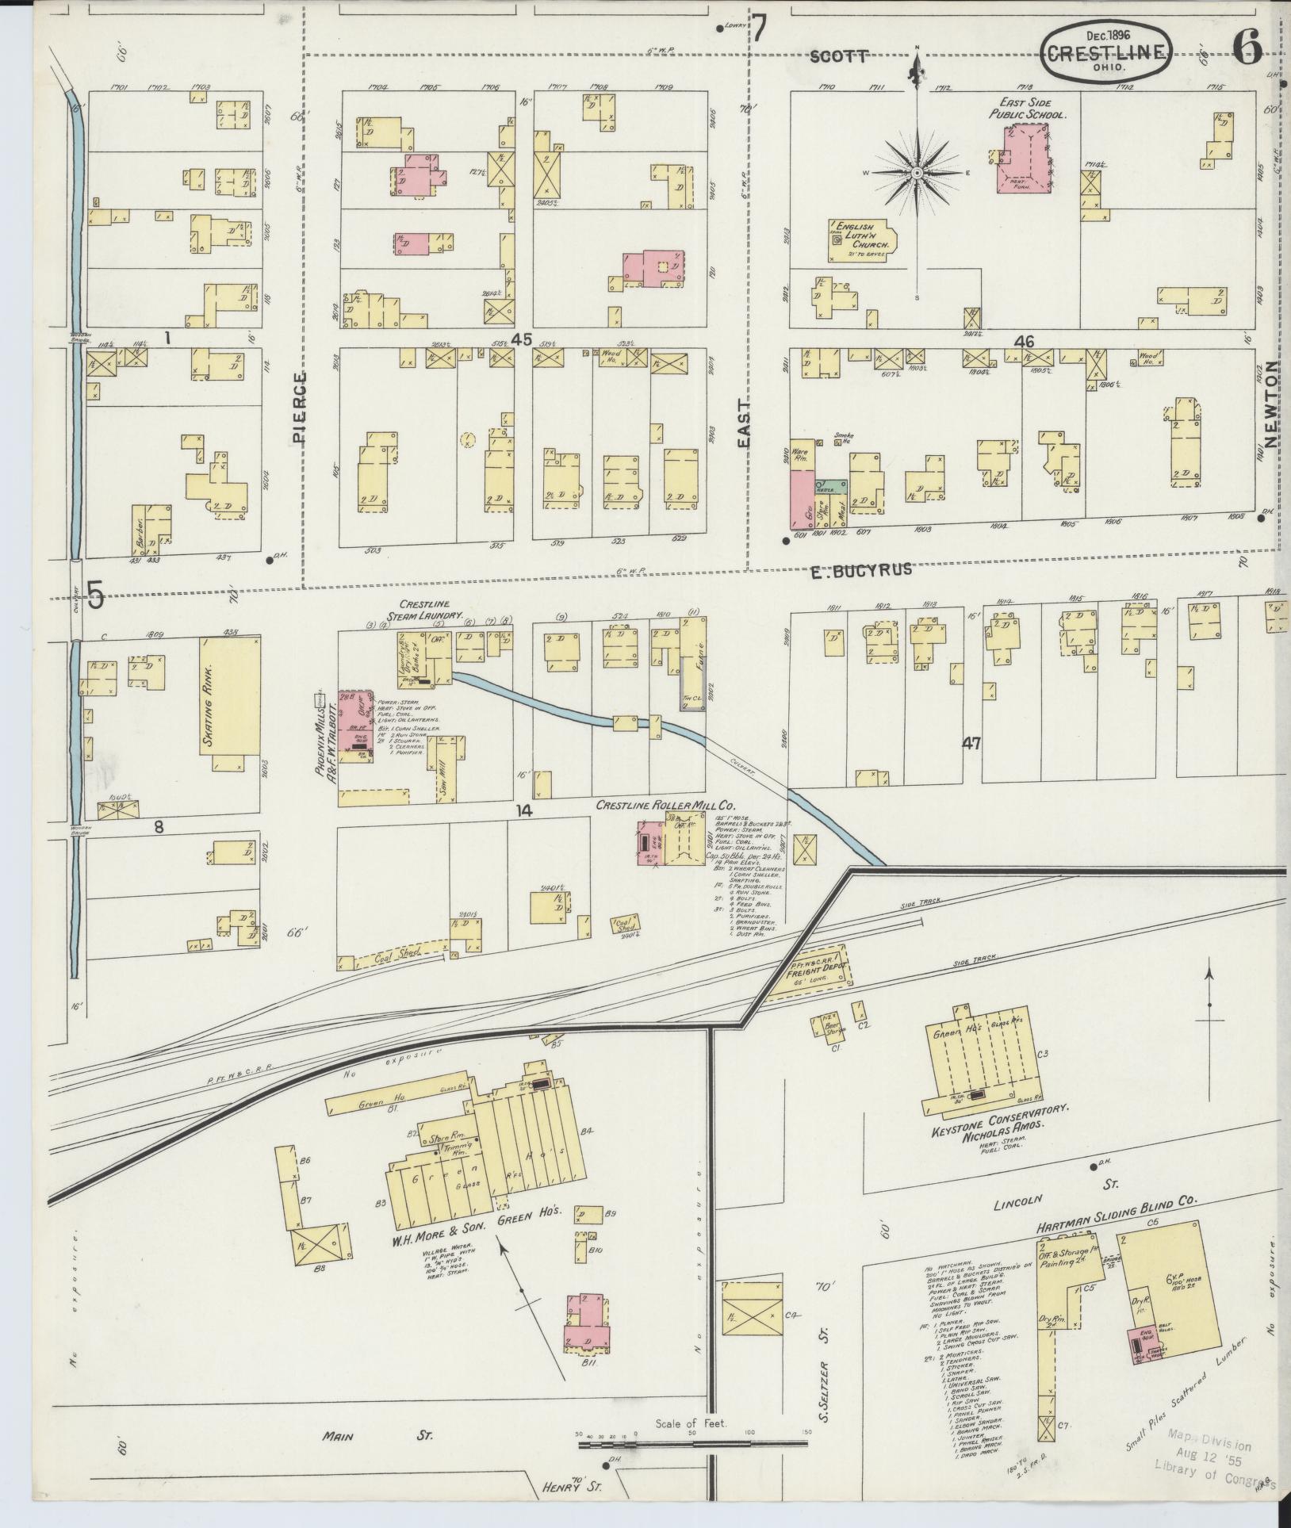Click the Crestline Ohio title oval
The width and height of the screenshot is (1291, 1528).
tap(1107, 52)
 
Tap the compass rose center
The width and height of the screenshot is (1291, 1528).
tap(917, 172)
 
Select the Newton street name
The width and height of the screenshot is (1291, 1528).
tap(1272, 404)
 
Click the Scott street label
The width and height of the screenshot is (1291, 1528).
tap(840, 56)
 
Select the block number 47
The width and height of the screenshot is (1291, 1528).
tap(972, 743)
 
